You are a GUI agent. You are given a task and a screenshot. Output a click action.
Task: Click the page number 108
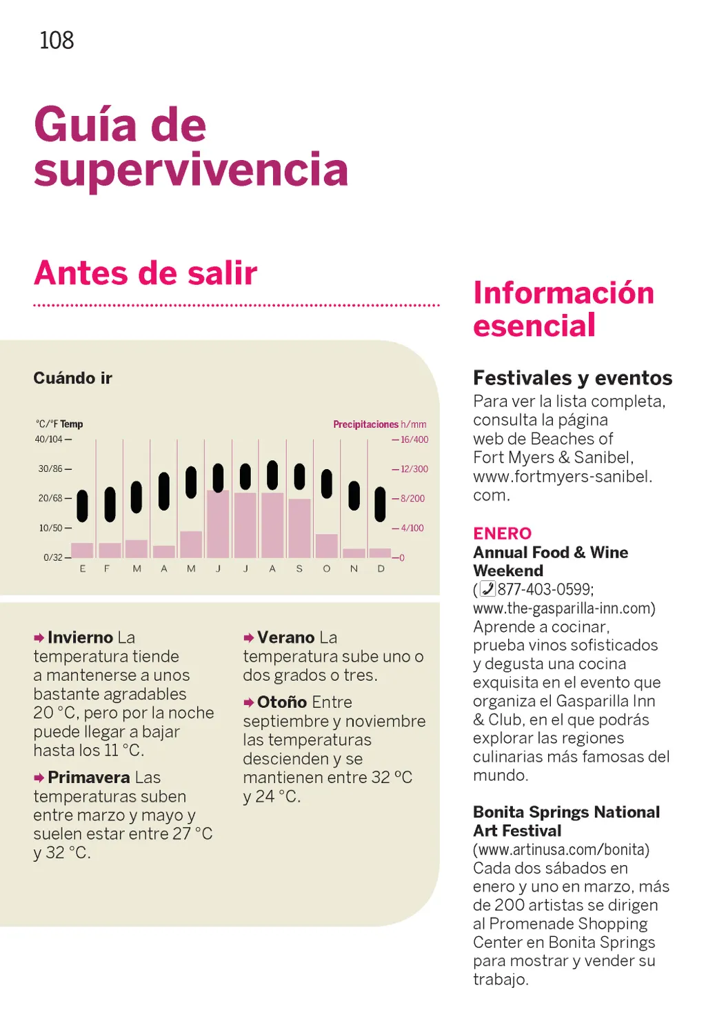(57, 40)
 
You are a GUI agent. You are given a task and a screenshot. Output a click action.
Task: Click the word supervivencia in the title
(191, 170)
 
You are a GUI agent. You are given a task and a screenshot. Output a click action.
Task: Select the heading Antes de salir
(145, 273)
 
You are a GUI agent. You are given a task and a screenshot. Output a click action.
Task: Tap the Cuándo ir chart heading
(72, 378)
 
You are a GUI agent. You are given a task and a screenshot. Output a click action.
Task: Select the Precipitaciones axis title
(365, 424)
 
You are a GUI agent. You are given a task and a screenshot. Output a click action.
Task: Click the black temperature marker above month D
(380, 504)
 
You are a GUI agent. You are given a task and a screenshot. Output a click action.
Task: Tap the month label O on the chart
(327, 569)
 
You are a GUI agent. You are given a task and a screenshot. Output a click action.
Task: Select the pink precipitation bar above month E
(83, 550)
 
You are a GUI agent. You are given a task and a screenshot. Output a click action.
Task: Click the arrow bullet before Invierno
(39, 638)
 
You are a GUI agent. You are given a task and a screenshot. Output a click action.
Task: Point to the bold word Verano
(287, 637)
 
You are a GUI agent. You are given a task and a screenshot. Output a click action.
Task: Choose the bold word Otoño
(282, 702)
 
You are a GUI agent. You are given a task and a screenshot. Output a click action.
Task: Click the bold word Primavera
(89, 778)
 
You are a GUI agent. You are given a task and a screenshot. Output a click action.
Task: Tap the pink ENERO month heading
(502, 533)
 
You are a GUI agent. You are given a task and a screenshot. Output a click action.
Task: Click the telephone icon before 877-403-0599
(487, 589)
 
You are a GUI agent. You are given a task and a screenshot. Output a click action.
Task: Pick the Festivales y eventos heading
(572, 378)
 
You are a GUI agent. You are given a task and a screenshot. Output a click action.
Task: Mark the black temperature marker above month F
(110, 504)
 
